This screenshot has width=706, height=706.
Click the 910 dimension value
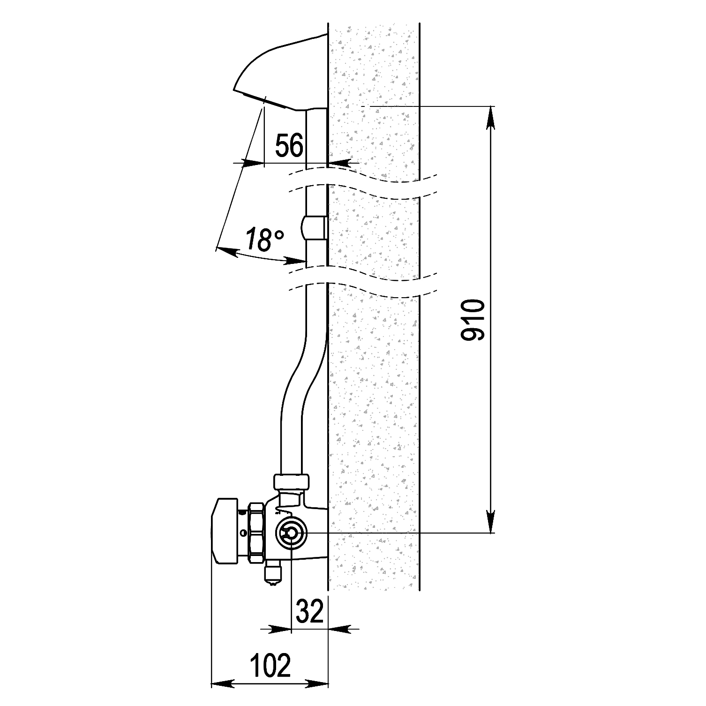[x=473, y=321]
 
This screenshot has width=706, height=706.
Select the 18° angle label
[x=264, y=240]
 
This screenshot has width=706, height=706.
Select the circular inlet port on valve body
[x=291, y=533]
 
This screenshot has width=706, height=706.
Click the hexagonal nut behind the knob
[x=256, y=533]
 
